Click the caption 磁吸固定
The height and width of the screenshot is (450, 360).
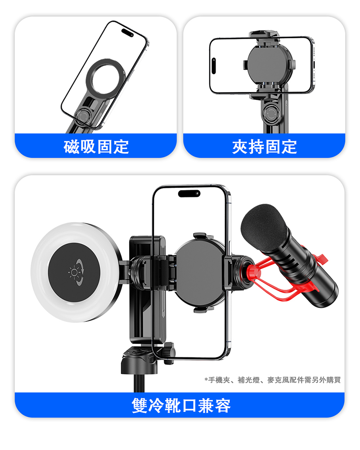[x=96, y=147]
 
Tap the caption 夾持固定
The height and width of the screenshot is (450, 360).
[x=264, y=147]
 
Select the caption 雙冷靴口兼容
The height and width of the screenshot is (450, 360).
[x=181, y=405]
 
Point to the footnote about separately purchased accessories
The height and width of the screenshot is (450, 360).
[x=272, y=380]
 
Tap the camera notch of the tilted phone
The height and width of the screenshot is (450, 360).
[x=127, y=32]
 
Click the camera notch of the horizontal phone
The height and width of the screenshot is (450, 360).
[x=214, y=66]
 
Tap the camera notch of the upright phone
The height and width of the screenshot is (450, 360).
[x=189, y=193]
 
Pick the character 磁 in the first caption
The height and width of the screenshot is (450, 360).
[x=72, y=147]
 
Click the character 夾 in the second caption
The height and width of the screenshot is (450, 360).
[x=240, y=147]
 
